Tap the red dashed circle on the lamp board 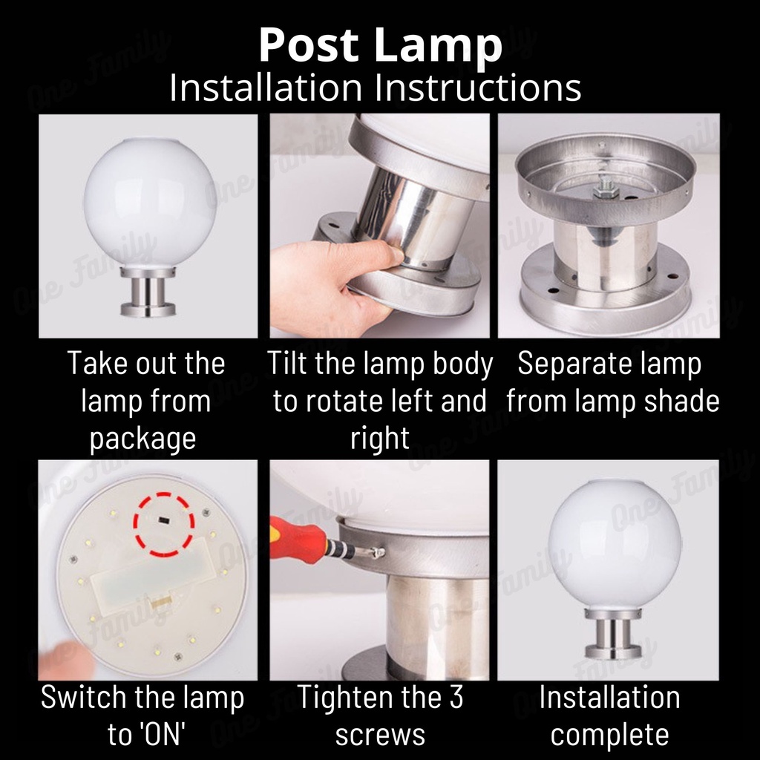[x=164, y=525]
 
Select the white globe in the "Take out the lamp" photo [x=150, y=202]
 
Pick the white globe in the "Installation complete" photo [x=615, y=544]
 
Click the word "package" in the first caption [x=143, y=439]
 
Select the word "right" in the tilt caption [x=380, y=439]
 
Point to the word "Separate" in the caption [x=561, y=364]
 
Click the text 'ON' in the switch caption [x=164, y=735]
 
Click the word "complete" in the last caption [x=610, y=735]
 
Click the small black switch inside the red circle [x=163, y=520]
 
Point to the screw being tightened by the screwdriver [x=379, y=551]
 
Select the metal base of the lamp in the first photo [x=148, y=292]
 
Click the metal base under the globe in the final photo [x=614, y=635]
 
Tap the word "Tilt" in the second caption [x=287, y=363]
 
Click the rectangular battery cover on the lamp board [x=151, y=576]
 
